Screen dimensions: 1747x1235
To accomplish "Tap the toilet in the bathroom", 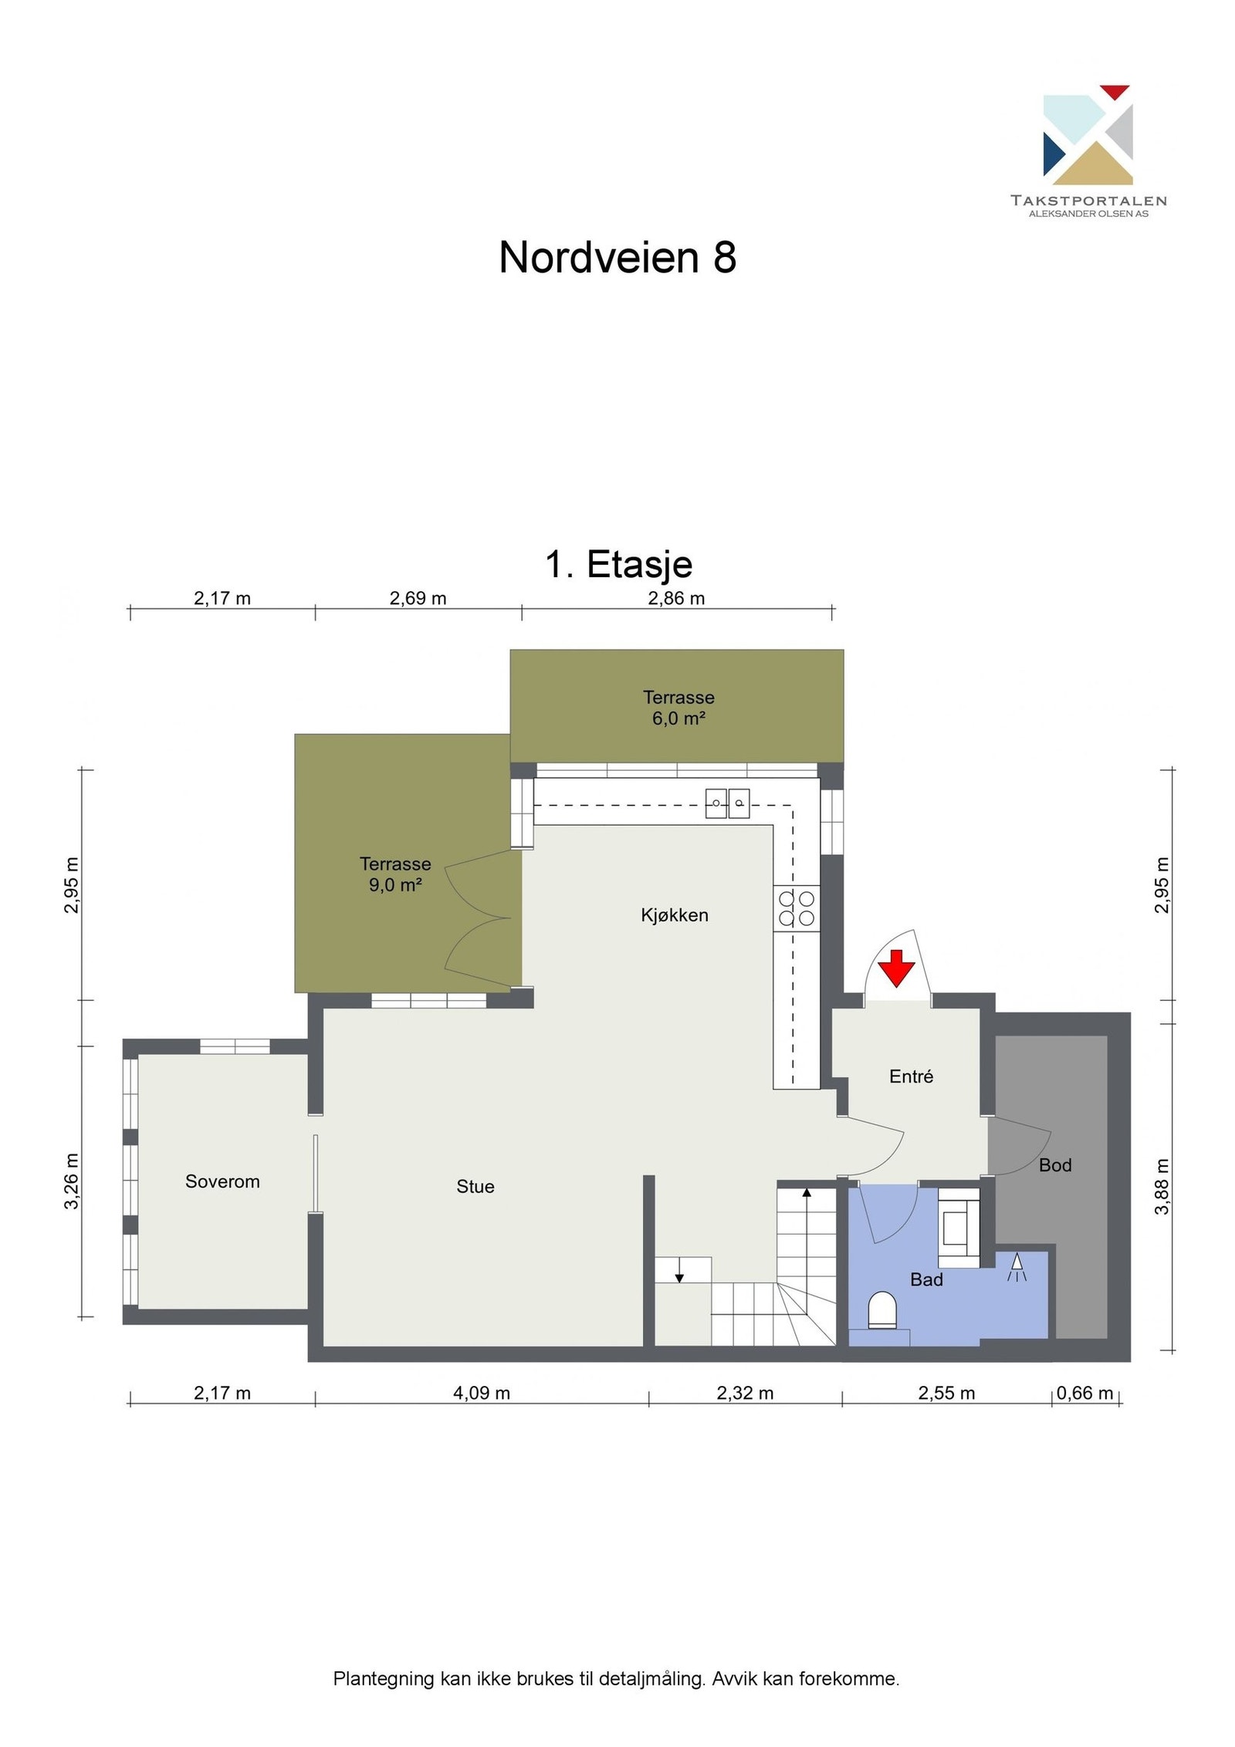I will click(882, 1311).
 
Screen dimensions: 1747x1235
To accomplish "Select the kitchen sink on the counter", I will click(727, 803).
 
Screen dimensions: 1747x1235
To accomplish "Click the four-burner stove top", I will click(796, 908).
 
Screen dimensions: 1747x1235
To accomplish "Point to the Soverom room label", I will click(222, 1181).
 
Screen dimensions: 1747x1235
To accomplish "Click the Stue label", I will click(475, 1187).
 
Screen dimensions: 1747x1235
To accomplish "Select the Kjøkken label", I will click(674, 915).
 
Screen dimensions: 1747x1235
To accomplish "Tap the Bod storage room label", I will click(1054, 1165).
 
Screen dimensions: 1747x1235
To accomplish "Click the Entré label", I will click(911, 1076).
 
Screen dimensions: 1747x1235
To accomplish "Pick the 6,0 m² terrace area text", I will click(678, 719).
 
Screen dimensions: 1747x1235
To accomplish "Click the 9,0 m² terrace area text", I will click(394, 885).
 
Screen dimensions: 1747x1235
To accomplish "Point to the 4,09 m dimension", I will click(482, 1393).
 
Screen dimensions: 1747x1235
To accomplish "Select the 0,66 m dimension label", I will click(1084, 1393).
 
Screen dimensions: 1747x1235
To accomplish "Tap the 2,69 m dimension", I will click(418, 598).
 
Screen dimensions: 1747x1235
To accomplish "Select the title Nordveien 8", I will click(617, 257).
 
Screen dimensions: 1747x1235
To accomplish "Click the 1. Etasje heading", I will click(618, 564).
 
